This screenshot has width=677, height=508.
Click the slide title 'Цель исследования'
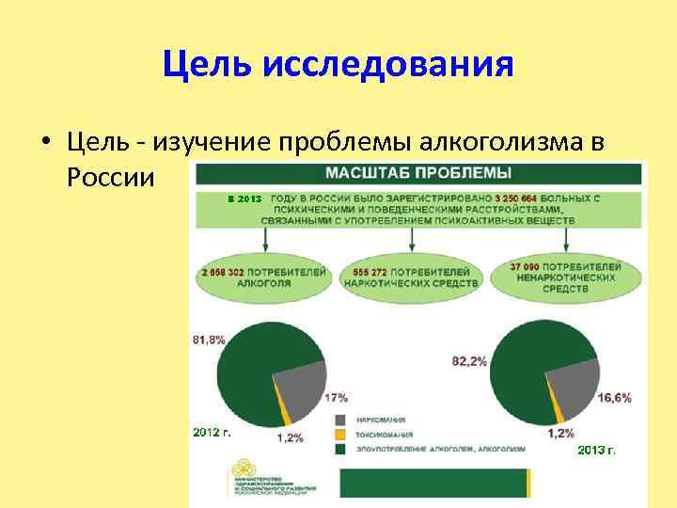tap(338, 65)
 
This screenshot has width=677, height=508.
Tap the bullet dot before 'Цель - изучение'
tap(45, 143)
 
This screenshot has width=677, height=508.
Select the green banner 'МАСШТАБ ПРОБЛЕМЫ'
tap(418, 173)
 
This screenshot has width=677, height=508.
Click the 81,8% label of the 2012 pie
tap(209, 340)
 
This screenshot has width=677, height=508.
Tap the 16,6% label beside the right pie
tap(615, 398)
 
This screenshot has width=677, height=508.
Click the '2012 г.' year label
tap(212, 432)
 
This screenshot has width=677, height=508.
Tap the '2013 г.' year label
tap(597, 451)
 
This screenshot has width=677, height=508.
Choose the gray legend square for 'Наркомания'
tap(338, 420)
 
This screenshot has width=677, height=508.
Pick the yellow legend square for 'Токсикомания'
tap(338, 435)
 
